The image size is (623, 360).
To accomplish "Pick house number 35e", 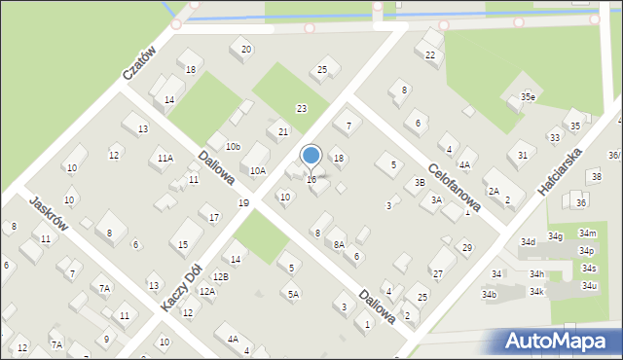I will [528, 97].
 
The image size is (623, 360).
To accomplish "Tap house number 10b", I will [232, 147].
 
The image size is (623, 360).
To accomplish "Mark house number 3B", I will [420, 182].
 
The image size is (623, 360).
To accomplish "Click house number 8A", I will [339, 245].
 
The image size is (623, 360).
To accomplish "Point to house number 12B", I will [221, 277].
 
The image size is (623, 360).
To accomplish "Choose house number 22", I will [430, 54].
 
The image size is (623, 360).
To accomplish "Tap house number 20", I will [246, 49].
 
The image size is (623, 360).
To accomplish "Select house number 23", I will [302, 108].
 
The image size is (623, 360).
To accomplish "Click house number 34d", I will [528, 241].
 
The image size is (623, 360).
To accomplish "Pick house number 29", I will [467, 248].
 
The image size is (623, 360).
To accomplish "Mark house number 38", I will [596, 176].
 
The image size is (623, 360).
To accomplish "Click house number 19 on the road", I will [243, 202].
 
